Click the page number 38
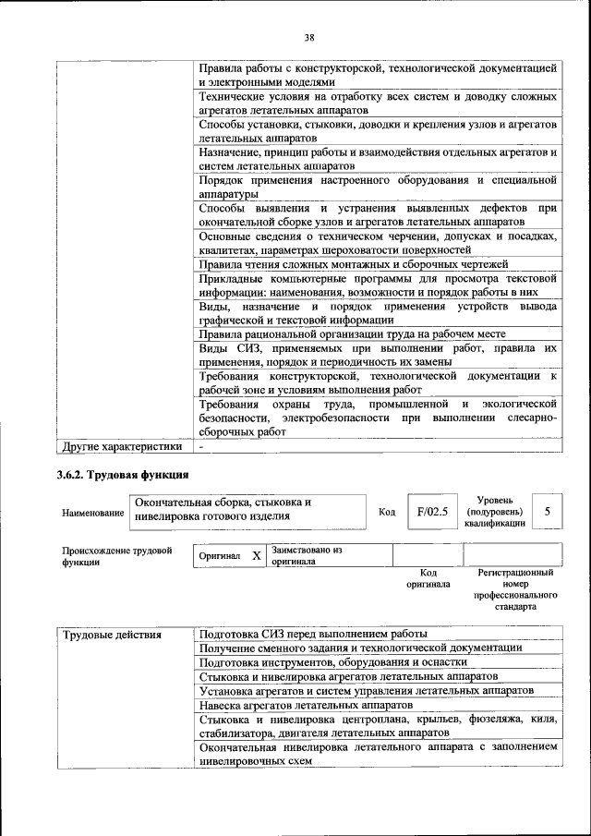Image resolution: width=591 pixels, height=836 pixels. (x=309, y=37)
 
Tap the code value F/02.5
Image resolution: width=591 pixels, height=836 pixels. (x=431, y=511)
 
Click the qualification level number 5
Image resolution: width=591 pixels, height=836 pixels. (x=547, y=511)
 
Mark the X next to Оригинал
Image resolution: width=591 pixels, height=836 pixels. (x=256, y=557)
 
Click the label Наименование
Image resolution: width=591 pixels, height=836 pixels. (x=92, y=512)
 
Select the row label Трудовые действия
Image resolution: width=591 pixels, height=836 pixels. (x=112, y=635)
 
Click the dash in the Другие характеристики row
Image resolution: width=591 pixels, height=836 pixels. (x=200, y=447)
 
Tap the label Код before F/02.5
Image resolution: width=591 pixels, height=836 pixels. (x=388, y=512)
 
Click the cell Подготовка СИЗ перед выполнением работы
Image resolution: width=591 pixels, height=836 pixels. (x=313, y=635)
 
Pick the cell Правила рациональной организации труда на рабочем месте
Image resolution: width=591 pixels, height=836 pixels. (x=365, y=333)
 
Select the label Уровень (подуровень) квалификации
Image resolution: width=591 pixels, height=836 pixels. (x=496, y=511)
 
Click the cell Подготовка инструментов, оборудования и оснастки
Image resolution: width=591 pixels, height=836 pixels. (x=333, y=662)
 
